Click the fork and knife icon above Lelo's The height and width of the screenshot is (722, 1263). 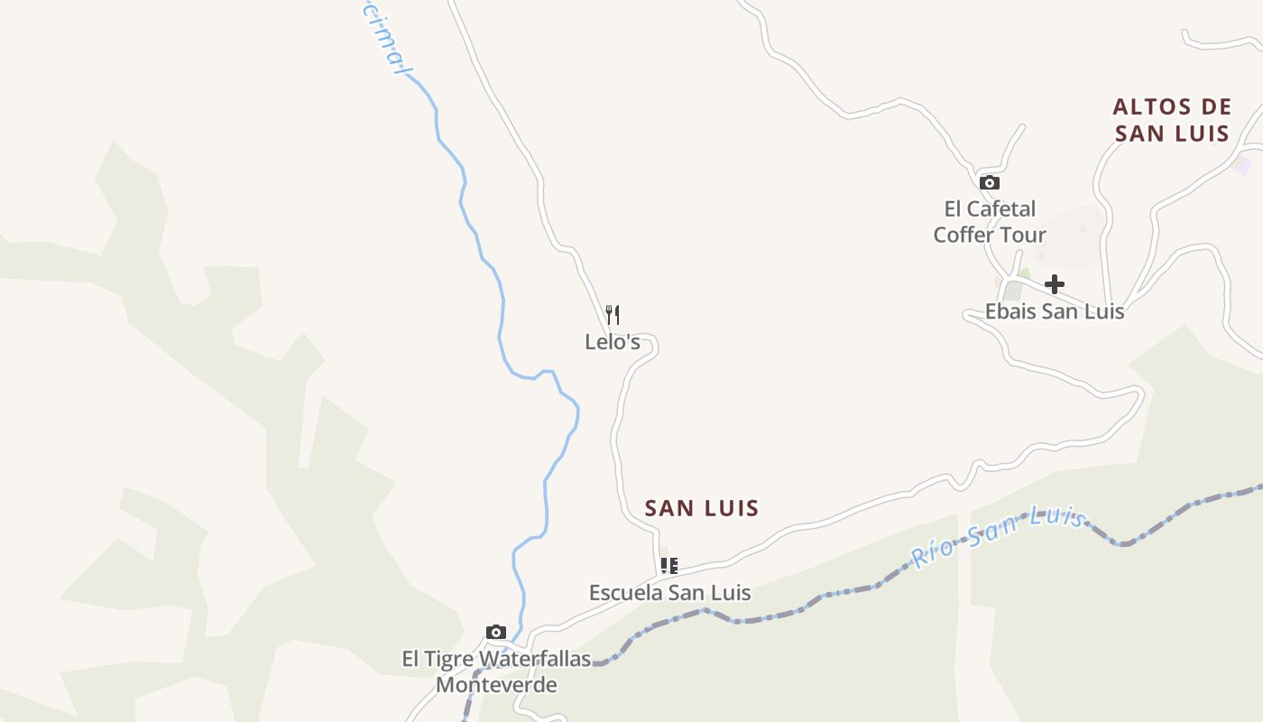(613, 314)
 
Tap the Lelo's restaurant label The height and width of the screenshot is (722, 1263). (613, 342)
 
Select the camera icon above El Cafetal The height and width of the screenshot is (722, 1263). (990, 182)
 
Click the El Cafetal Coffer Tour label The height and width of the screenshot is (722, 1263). (990, 222)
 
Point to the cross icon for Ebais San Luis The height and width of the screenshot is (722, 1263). (1054, 285)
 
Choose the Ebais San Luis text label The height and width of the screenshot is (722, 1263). (1054, 311)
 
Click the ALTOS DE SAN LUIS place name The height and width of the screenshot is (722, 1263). (1172, 120)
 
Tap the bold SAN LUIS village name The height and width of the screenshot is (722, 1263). (702, 508)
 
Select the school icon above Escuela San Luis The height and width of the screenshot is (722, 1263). (668, 566)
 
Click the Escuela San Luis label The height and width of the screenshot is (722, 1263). (669, 592)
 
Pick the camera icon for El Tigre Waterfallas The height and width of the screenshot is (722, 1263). (495, 632)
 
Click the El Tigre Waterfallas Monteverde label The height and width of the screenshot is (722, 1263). (496, 671)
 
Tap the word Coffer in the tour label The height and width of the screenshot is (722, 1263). (967, 235)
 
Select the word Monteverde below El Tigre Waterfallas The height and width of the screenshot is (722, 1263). (496, 684)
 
